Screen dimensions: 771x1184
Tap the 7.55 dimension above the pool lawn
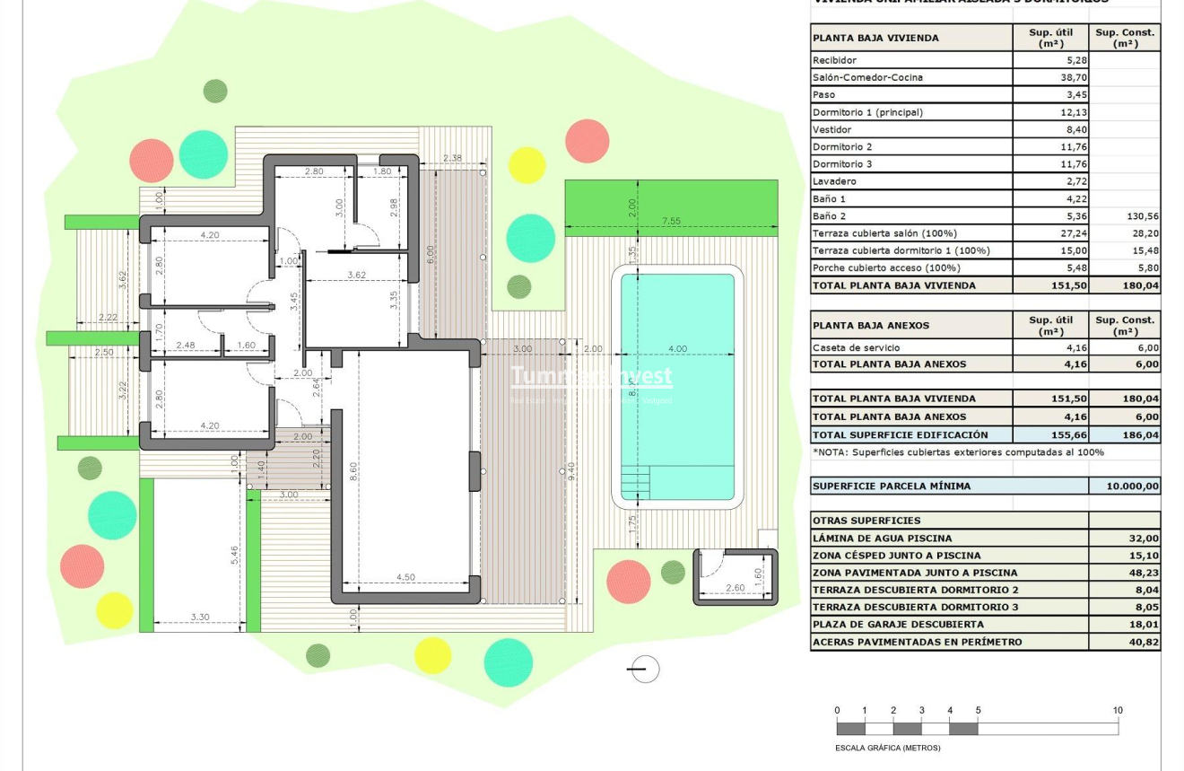tap(670, 221)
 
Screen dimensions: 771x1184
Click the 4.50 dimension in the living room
tap(405, 577)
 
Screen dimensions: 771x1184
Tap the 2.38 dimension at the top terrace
tap(452, 159)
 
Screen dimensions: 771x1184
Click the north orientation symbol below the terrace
tap(644, 669)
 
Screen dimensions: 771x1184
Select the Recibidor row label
tap(834, 60)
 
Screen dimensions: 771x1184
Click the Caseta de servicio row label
tap(856, 347)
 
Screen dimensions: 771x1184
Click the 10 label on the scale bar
tap(1118, 711)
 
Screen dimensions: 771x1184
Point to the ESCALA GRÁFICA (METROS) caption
tap(888, 748)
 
